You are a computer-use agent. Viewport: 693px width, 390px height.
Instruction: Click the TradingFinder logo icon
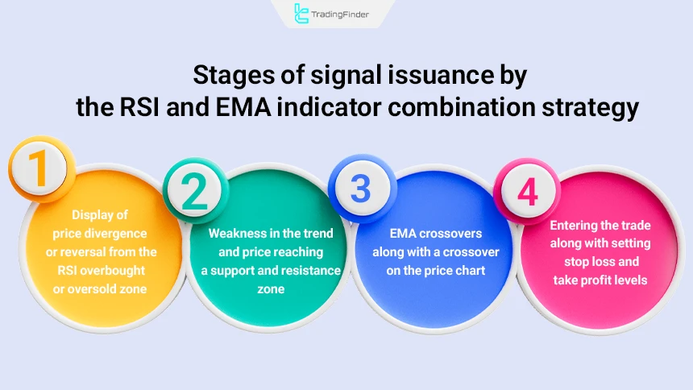coord(301,13)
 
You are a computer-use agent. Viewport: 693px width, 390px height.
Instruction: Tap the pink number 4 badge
coord(526,190)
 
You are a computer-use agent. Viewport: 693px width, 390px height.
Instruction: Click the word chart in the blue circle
coord(467,270)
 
